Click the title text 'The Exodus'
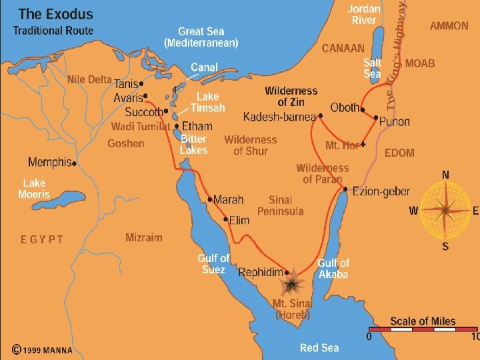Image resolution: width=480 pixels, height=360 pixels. pyautogui.click(x=56, y=13)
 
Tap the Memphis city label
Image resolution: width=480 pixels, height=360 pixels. pyautogui.click(x=49, y=162)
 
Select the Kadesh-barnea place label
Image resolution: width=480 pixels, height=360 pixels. pyautogui.click(x=280, y=117)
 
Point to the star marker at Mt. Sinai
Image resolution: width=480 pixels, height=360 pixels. pyautogui.click(x=291, y=285)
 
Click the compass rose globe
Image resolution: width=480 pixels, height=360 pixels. pyautogui.click(x=445, y=209)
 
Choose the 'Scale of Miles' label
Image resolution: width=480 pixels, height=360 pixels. pyautogui.click(x=423, y=321)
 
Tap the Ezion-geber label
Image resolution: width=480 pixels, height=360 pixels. pyautogui.click(x=381, y=191)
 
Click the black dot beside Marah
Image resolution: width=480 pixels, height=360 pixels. pyautogui.click(x=209, y=199)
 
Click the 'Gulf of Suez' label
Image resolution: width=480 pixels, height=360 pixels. pyautogui.click(x=213, y=263)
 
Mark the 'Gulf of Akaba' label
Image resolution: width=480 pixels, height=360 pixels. pyautogui.click(x=333, y=269)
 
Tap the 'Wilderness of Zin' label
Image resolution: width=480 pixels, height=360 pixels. pyautogui.click(x=291, y=97)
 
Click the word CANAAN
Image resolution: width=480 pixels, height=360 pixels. pyautogui.click(x=343, y=48)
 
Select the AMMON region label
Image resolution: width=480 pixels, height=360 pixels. pyautogui.click(x=449, y=26)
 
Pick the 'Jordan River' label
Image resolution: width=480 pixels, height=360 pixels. pyautogui.click(x=364, y=15)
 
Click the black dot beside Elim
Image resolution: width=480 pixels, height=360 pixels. pyautogui.click(x=225, y=218)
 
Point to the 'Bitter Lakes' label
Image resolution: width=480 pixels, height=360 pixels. pyautogui.click(x=194, y=144)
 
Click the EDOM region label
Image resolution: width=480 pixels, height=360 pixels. pyautogui.click(x=399, y=153)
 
